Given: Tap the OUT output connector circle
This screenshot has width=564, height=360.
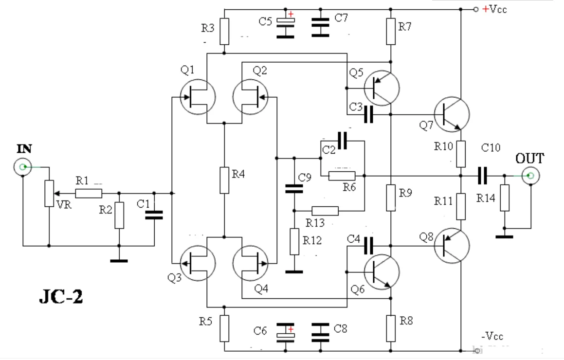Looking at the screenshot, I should pos(530,176).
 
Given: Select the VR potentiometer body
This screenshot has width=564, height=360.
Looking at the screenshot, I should pos(49,193).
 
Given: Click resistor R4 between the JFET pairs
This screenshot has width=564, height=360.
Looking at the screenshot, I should pos(224,180).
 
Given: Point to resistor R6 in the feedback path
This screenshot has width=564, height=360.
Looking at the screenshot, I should pos(342,176).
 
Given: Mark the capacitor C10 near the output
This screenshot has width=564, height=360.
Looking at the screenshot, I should pos(482,176).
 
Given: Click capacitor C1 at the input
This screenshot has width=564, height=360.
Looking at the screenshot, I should pos(154,215).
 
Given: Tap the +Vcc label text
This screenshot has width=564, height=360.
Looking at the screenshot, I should pos(494,9).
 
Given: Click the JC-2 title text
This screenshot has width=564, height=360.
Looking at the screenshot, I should pos(61,297).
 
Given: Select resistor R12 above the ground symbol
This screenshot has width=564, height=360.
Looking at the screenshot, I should pos(294,241).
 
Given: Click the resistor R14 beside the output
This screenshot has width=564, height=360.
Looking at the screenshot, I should pos(505,198).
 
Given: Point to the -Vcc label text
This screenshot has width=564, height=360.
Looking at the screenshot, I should pos(492,336).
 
